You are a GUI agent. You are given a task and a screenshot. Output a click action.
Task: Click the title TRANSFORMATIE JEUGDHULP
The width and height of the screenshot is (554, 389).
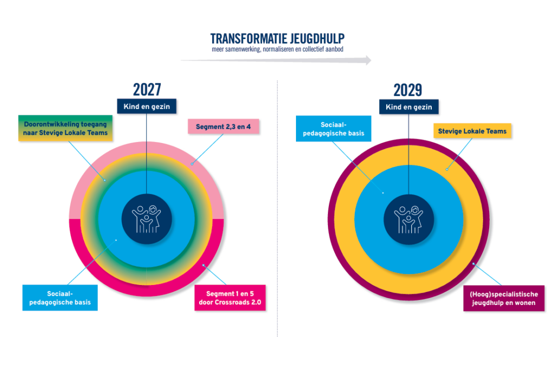(x=278, y=38)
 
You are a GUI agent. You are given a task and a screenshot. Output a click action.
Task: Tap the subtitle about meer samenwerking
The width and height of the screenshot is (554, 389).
(x=278, y=49)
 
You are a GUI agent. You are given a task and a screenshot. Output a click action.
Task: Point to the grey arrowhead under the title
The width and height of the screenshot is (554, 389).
(x=368, y=61)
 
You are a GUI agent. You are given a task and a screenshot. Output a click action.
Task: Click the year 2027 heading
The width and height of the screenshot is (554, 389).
(x=147, y=89)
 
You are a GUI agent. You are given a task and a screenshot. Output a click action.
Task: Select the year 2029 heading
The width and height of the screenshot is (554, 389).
(x=408, y=90)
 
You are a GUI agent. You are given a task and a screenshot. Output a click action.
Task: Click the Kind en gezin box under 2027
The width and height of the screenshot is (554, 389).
(x=147, y=106)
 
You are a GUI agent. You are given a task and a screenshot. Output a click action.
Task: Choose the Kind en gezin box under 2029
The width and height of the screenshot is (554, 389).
(x=409, y=107)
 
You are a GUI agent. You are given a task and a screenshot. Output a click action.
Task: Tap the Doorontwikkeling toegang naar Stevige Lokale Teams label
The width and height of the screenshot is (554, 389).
(x=65, y=128)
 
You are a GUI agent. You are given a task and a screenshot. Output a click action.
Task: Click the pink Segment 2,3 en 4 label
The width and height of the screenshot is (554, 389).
(x=223, y=127)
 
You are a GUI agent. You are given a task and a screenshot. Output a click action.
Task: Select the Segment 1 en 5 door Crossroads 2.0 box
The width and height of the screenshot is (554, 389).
(x=230, y=298)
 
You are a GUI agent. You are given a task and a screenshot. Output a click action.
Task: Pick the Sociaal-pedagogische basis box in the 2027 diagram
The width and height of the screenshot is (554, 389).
(x=60, y=298)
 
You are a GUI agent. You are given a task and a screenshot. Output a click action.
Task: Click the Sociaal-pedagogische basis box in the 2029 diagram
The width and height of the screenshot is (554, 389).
(x=333, y=129)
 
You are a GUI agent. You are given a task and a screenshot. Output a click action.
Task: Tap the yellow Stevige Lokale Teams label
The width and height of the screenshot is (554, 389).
(x=472, y=131)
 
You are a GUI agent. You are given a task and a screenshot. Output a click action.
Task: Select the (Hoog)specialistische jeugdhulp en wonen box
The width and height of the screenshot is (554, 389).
(x=504, y=299)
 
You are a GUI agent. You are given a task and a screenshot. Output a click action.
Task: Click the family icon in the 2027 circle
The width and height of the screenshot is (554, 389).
(x=147, y=219)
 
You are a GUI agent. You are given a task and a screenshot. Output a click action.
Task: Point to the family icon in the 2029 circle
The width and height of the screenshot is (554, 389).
(x=409, y=220)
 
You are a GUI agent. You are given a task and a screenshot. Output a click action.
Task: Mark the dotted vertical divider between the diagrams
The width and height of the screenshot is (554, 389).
(x=278, y=209)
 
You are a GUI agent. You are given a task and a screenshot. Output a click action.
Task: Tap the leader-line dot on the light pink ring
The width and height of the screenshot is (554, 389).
(x=192, y=164)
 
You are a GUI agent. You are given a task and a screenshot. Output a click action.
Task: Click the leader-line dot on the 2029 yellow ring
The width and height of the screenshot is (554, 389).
(x=447, y=170)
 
